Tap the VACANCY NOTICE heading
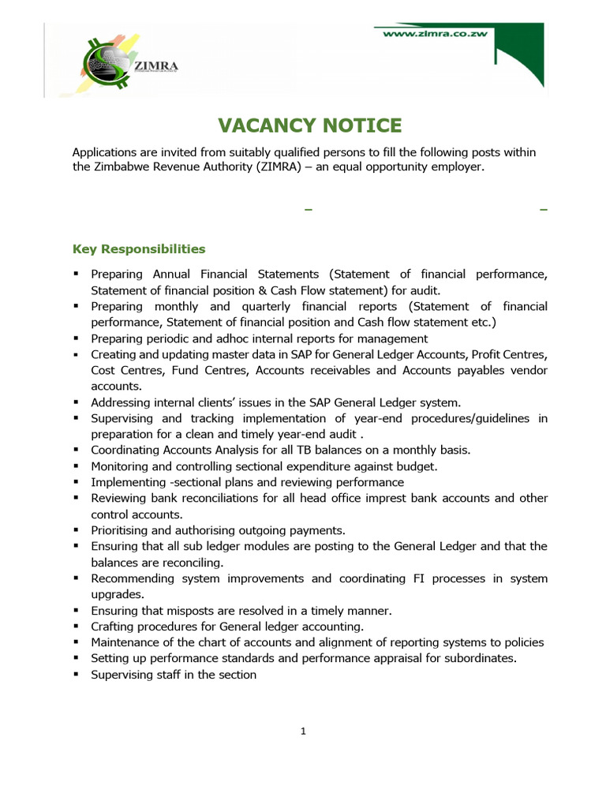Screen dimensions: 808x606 (310, 125)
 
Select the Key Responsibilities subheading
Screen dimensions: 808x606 (139, 249)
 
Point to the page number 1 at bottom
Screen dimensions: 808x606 (303, 731)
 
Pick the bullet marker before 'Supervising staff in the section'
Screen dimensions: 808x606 (76, 674)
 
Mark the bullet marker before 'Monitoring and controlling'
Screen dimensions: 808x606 (76, 466)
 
